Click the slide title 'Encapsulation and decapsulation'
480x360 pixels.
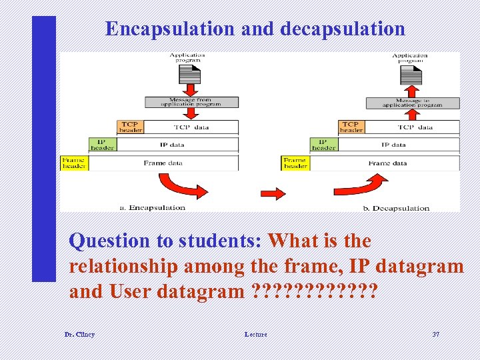coord(255,29)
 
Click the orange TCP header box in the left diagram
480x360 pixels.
coord(130,127)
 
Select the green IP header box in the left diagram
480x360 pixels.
coord(102,145)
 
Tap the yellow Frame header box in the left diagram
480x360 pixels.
coord(74,163)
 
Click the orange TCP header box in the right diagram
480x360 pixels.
coord(351,127)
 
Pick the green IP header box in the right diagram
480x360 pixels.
coord(323,145)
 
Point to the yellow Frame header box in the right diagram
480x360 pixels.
coord(295,163)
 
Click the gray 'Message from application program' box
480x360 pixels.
coord(191,102)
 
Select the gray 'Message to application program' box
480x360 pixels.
coord(413,103)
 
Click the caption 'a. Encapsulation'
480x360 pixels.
coord(152,207)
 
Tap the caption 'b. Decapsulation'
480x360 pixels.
coord(396,208)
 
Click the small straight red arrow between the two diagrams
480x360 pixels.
coord(273,193)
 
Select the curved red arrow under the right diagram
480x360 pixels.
coord(361,185)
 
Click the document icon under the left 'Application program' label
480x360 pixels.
coord(189,73)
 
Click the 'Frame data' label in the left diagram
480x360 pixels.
coord(163,163)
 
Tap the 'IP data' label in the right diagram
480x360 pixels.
coord(393,145)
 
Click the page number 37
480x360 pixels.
coord(435,334)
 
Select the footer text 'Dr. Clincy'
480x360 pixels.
coord(79,334)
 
